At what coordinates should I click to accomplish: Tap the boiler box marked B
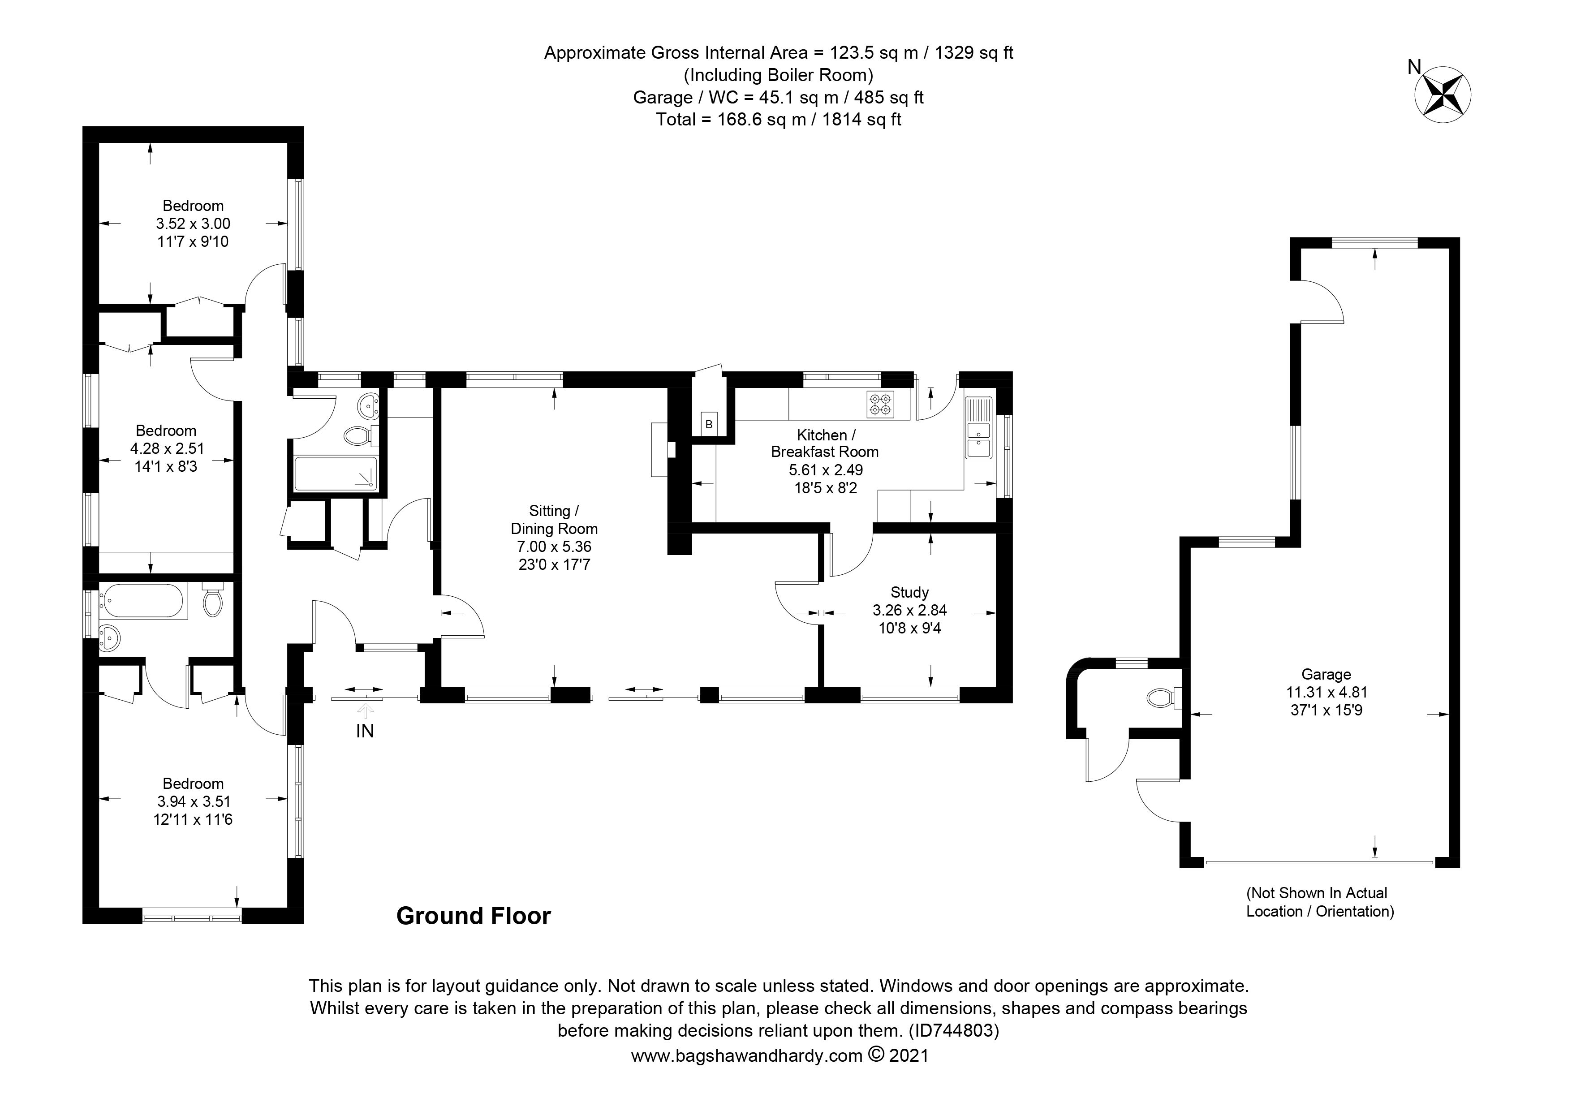pos(709,424)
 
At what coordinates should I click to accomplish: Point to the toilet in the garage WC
pos(1165,698)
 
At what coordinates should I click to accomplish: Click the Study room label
pos(909,593)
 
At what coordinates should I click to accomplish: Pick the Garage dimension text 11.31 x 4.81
pos(1327,692)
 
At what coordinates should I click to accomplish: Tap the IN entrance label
pos(365,731)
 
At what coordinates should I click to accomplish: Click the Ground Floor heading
pos(474,916)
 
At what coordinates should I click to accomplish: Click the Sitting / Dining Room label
pos(554,520)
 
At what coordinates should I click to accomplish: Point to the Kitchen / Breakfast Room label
pos(825,443)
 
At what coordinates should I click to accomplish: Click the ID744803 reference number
pos(953,1030)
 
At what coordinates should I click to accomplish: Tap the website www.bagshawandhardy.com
pos(747,1055)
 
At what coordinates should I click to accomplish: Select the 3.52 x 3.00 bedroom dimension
pos(193,223)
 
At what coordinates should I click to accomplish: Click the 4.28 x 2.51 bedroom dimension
pos(167,449)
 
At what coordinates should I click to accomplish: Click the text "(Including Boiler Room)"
pos(779,75)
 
